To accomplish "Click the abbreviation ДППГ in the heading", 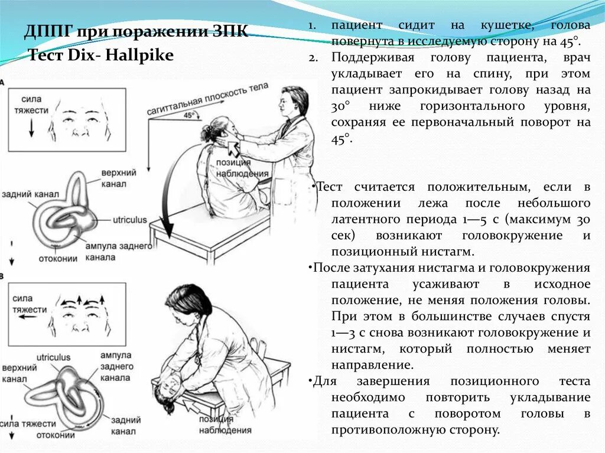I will coord(45,31).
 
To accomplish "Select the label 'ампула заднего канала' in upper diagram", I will coord(126,251).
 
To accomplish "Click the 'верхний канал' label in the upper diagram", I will coord(119,177).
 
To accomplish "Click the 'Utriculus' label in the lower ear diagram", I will coord(53,357).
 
